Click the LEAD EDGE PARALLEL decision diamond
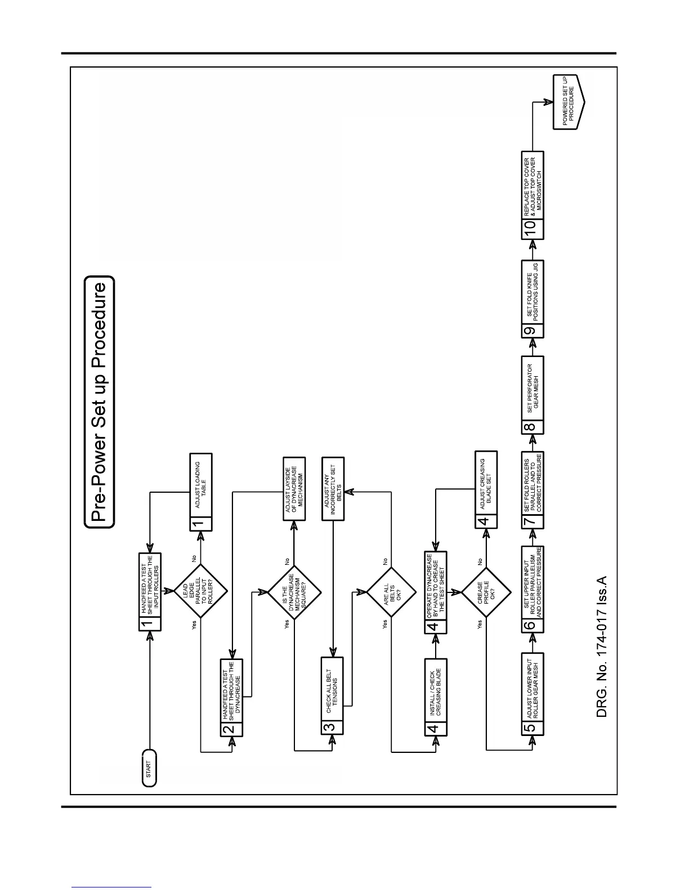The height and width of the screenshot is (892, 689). (x=200, y=591)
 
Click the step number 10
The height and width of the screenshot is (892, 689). (x=533, y=229)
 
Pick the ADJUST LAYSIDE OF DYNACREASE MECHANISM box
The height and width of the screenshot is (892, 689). (x=294, y=488)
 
